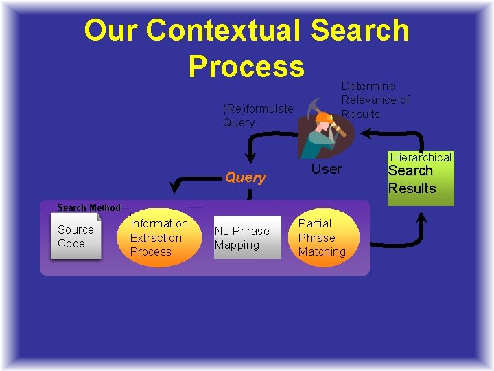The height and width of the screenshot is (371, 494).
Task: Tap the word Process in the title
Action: click(246, 67)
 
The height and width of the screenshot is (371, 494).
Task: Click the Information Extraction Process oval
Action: click(158, 238)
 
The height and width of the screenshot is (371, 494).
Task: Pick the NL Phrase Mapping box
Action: click(247, 238)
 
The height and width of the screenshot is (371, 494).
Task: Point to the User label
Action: click(327, 169)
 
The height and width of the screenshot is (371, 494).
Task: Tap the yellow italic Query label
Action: click(245, 177)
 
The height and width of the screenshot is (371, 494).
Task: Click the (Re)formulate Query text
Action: click(257, 115)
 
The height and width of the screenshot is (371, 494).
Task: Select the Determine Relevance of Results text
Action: click(375, 100)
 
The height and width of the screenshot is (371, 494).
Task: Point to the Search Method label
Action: click(89, 207)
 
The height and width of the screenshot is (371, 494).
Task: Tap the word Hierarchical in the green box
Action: click(421, 157)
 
